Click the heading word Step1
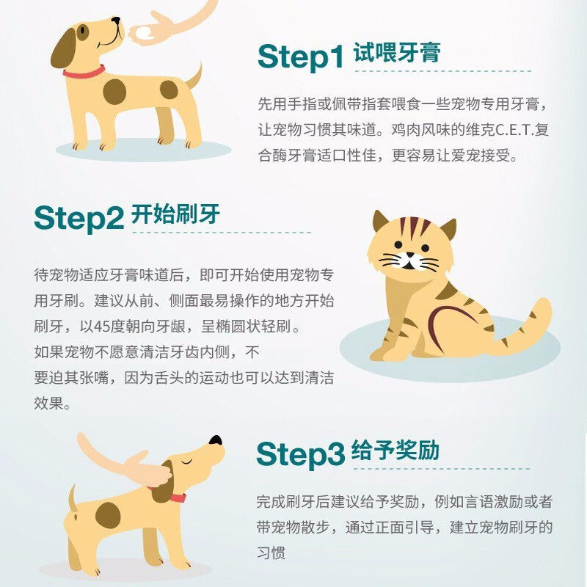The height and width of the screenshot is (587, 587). point(301,57)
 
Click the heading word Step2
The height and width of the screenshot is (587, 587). point(79,218)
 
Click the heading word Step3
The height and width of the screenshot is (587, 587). point(300,454)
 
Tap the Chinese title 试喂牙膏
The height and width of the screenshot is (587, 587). point(397,52)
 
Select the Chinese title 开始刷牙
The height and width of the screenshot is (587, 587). point(175,214)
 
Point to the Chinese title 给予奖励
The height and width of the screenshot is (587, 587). point(395,450)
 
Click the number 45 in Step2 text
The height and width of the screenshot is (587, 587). point(101,327)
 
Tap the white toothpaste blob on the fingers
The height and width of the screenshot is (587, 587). point(145,33)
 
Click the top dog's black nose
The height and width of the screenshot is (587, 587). point(117,20)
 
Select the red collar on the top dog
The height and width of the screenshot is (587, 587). point(84,72)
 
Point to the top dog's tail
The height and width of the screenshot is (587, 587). point(194,77)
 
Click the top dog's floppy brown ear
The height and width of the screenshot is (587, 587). point(63,49)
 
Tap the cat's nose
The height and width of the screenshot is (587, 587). point(410,255)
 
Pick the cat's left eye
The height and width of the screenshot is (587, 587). point(398,245)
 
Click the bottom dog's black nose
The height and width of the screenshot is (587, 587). point(216,440)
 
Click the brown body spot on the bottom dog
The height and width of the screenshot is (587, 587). point(108,515)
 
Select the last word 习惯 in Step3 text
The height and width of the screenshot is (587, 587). point(271,553)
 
